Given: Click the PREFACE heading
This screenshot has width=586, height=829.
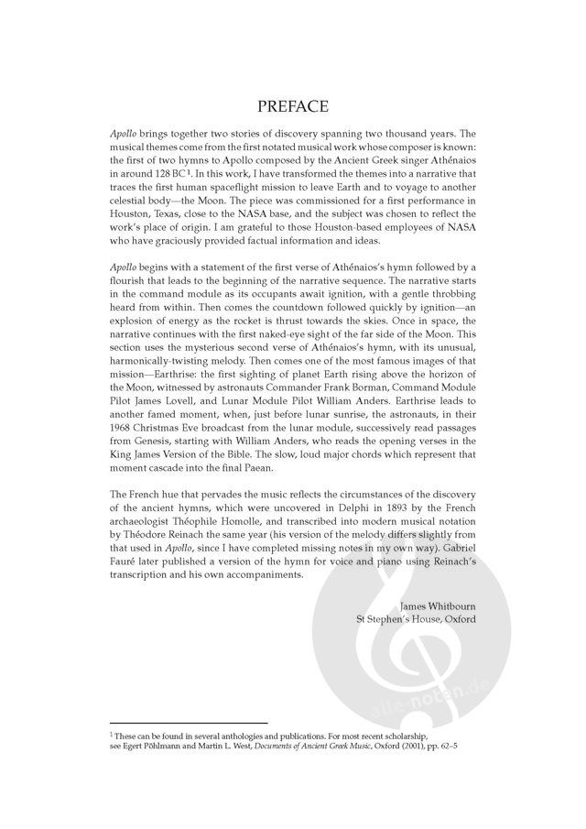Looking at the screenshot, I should pos(293,107).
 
